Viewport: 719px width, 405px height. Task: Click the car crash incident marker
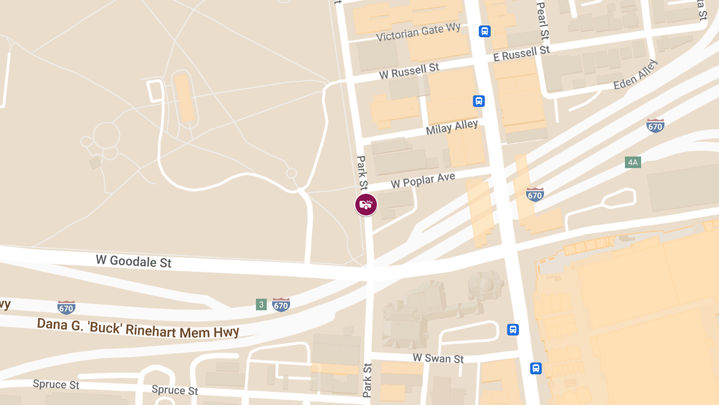tap(365, 205)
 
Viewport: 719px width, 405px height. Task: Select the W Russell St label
tap(409, 71)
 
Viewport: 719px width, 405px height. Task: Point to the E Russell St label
tap(521, 54)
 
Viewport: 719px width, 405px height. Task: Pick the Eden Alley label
tap(635, 75)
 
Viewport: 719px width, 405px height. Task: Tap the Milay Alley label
tap(452, 127)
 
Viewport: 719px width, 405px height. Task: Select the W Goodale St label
tap(134, 262)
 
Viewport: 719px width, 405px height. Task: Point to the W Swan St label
tap(438, 358)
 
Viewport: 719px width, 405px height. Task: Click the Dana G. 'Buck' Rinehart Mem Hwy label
tap(138, 328)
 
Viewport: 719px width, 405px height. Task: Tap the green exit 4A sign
tap(633, 162)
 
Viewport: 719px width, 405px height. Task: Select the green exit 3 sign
tap(261, 304)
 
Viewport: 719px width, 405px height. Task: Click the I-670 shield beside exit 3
tap(281, 305)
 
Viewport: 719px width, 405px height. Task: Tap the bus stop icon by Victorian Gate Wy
tap(485, 31)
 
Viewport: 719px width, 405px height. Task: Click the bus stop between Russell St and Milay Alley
tap(479, 101)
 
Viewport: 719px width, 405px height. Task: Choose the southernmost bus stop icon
tap(536, 368)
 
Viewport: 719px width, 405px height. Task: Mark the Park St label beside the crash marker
tap(362, 175)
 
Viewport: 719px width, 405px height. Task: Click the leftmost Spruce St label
tap(56, 384)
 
